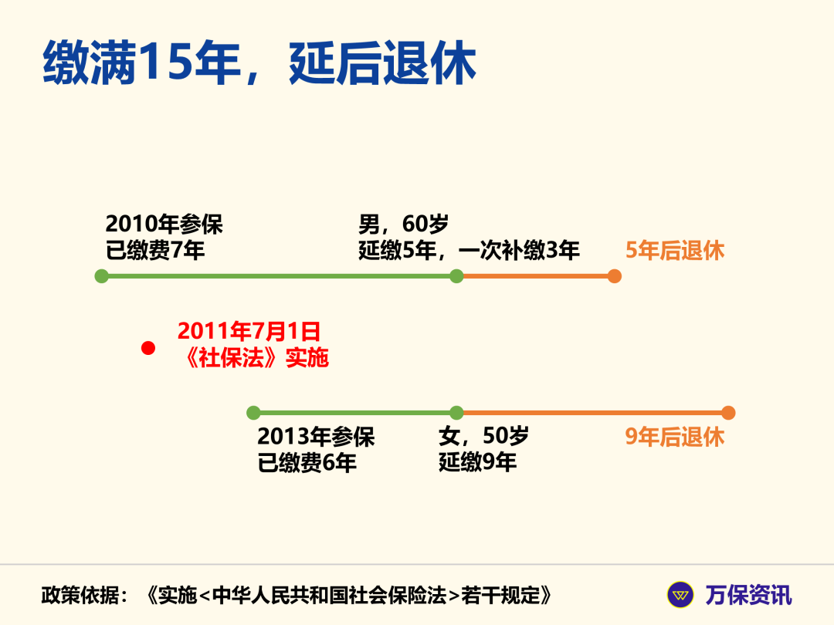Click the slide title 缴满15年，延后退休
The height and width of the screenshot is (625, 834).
[x=259, y=64]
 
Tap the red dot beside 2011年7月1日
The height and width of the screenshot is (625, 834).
[x=148, y=348]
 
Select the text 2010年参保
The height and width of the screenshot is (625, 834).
[x=164, y=225]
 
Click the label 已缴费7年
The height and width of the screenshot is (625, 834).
[x=155, y=251]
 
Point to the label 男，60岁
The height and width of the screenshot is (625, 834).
[x=403, y=225]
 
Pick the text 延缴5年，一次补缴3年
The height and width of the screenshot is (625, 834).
[x=469, y=251]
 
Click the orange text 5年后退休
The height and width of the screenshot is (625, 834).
[x=675, y=251]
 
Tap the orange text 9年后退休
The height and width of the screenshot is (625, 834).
[x=675, y=437]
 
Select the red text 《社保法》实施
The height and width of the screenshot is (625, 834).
[x=253, y=358]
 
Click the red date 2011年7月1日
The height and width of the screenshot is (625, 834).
[x=249, y=332]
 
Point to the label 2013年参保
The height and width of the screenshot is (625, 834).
[x=316, y=437]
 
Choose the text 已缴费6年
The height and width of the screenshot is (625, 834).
[x=307, y=463]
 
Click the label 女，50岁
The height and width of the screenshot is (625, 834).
[x=483, y=437]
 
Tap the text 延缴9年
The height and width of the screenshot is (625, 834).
[x=477, y=463]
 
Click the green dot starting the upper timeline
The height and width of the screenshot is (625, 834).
[x=101, y=276]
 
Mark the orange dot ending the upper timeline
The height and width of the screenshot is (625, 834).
[x=614, y=276]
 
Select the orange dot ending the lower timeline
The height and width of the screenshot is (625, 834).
[x=728, y=413]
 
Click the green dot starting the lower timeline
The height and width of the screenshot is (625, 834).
[x=253, y=413]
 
